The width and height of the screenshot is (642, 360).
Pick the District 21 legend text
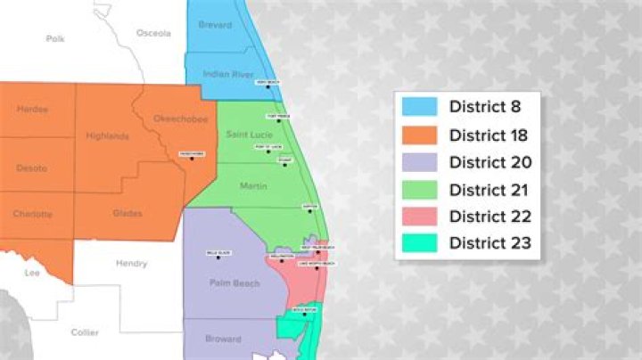coord(490,190)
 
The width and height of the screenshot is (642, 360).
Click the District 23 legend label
coord(490,243)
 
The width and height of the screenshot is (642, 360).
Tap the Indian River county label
coord(218,74)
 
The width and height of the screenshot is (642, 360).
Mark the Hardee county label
coord(32,110)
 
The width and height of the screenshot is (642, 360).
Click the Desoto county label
coord(31,168)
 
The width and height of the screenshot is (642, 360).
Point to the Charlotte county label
coord(32,214)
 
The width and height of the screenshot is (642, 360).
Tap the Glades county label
coord(128,213)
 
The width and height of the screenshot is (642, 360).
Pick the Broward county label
coord(222,340)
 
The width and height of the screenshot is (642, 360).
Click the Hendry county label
coord(131,264)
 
